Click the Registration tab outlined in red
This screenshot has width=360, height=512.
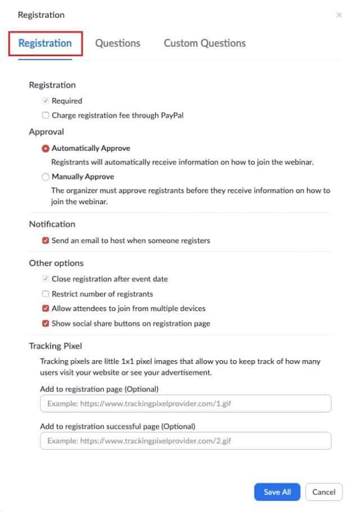click(x=45, y=43)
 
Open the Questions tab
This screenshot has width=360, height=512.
click(x=118, y=43)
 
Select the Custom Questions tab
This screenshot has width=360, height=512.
click(x=205, y=43)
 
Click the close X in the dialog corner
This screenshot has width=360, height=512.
click(x=339, y=15)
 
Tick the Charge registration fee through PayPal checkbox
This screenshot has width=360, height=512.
click(x=46, y=115)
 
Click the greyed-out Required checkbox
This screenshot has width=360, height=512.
click(x=46, y=101)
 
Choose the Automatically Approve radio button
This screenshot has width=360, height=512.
click(x=46, y=149)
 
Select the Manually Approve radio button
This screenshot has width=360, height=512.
click(x=46, y=177)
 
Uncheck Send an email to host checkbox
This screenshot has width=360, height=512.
click(x=46, y=241)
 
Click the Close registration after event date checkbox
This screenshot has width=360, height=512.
click(x=46, y=279)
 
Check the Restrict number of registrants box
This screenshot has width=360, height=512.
click(x=46, y=294)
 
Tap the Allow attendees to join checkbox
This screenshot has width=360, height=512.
click(x=46, y=308)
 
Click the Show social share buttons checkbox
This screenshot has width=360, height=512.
click(x=46, y=324)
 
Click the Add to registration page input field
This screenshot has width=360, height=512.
click(x=186, y=404)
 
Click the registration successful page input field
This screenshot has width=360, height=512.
click(x=186, y=441)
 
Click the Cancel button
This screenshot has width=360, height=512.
click(x=324, y=492)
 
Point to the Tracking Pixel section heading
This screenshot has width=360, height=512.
click(x=55, y=345)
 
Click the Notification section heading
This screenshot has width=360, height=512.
click(x=52, y=224)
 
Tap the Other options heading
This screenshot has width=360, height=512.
click(x=56, y=263)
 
